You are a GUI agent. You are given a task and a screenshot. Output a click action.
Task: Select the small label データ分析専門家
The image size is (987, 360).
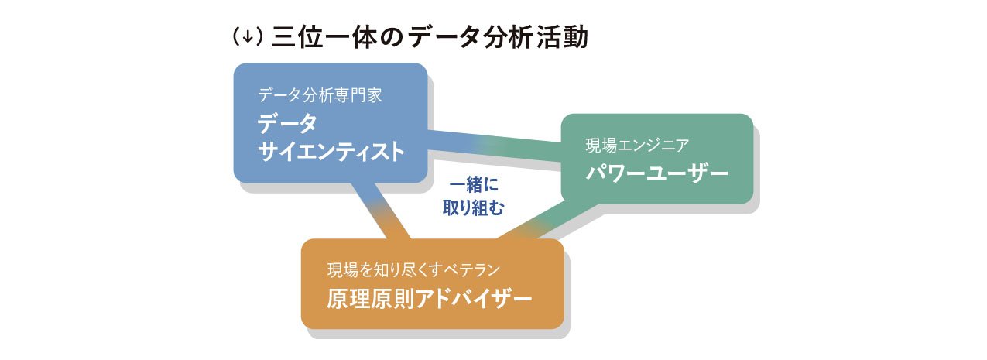click(320, 96)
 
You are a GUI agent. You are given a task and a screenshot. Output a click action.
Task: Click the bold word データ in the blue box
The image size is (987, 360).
click(287, 124)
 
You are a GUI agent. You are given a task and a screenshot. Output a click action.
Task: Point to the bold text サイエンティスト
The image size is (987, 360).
click(331, 152)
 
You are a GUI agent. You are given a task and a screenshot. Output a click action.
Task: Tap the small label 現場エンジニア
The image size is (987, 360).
click(637, 145)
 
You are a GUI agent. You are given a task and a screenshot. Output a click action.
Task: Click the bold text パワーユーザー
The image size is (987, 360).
click(657, 173)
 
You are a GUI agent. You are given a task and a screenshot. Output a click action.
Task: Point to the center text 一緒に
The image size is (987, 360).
click(473, 186)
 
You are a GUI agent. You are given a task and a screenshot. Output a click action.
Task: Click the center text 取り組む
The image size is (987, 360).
click(473, 207)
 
